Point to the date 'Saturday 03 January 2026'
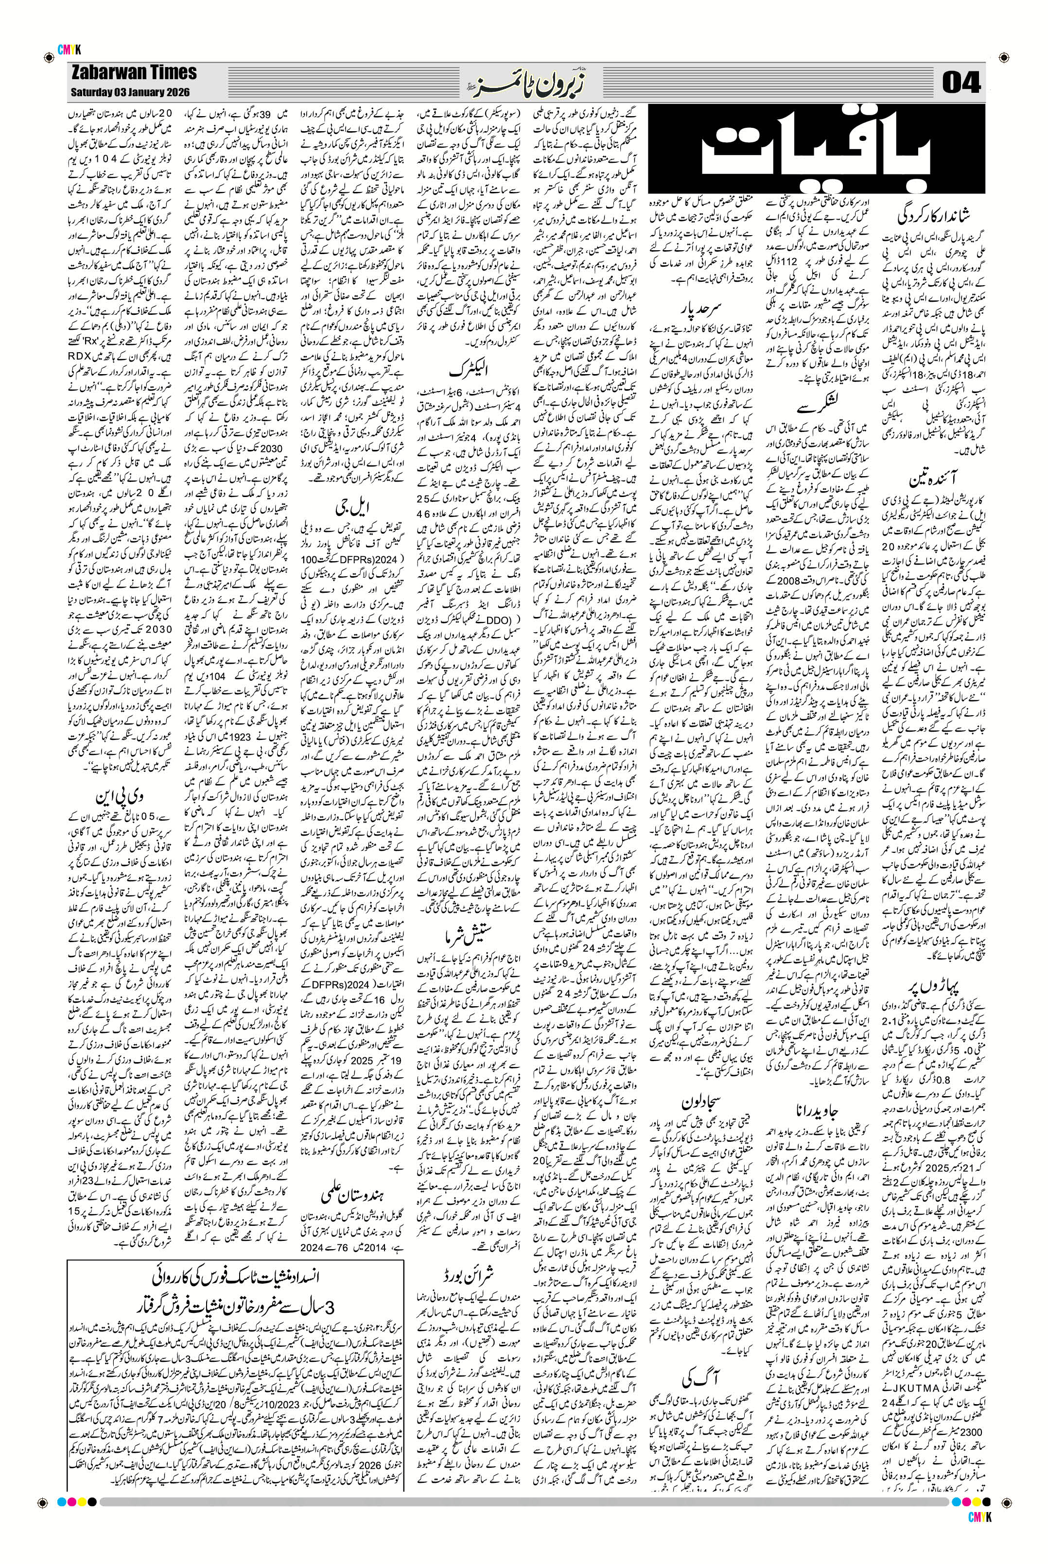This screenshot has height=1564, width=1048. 130,91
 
